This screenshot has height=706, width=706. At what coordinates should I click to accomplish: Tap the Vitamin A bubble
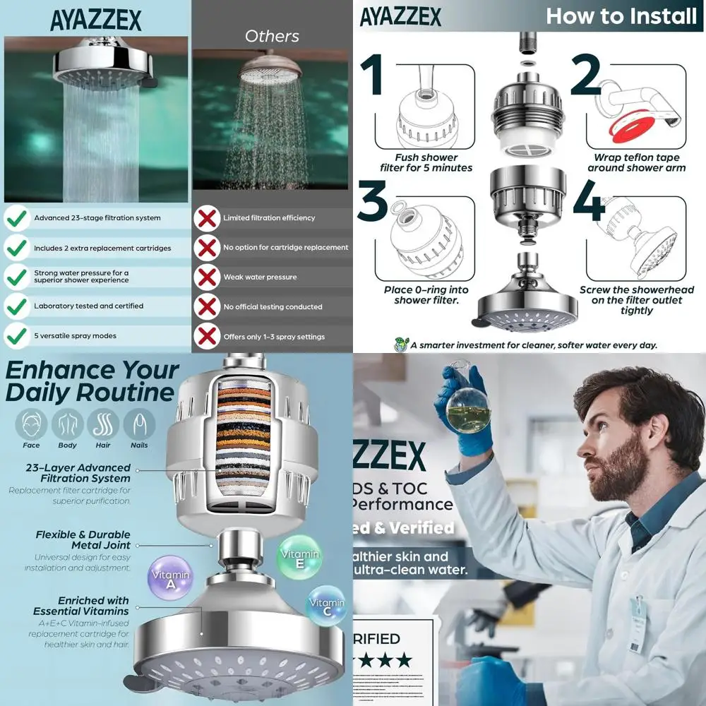point(171,578)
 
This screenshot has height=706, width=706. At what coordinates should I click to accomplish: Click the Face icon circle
point(31,424)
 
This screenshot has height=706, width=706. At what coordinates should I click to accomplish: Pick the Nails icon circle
point(139,424)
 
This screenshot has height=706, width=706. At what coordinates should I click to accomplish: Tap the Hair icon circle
point(103,424)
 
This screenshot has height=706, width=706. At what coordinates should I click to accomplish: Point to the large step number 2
point(585,77)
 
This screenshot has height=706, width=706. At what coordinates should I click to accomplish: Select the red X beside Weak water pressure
point(207,277)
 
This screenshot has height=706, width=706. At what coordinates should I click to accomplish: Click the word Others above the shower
point(272,36)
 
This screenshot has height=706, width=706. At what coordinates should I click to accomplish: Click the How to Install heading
point(621,16)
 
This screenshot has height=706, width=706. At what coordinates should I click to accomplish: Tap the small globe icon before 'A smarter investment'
point(400,345)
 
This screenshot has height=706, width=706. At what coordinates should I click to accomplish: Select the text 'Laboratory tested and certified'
point(88,306)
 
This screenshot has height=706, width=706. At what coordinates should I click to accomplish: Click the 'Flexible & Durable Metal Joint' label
point(83,540)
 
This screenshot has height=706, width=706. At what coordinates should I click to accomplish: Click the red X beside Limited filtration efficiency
point(207,217)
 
